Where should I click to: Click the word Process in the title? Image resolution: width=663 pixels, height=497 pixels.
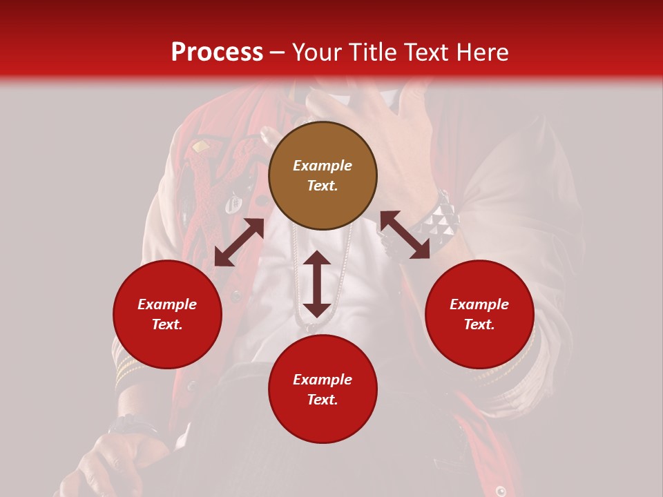(x=217, y=52)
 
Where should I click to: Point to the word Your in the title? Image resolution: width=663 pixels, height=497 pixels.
(x=318, y=52)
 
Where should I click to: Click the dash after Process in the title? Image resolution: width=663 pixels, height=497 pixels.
(x=278, y=53)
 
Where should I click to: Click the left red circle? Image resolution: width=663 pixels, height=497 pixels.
(x=167, y=314)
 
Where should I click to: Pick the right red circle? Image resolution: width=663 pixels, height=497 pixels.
(x=479, y=314)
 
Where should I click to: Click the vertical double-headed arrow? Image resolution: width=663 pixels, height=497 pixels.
(x=317, y=284)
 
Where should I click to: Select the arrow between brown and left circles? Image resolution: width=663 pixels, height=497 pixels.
(x=239, y=242)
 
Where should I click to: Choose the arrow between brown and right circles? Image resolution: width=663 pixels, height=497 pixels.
(x=405, y=235)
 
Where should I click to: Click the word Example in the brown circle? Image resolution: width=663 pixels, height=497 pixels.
(x=323, y=166)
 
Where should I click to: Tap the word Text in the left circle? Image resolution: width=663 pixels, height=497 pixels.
(x=167, y=324)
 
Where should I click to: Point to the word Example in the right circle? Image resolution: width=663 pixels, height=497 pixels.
(x=479, y=304)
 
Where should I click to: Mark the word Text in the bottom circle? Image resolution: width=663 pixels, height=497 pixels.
(x=323, y=400)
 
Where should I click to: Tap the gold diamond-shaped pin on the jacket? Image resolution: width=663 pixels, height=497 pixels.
(x=201, y=146)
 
